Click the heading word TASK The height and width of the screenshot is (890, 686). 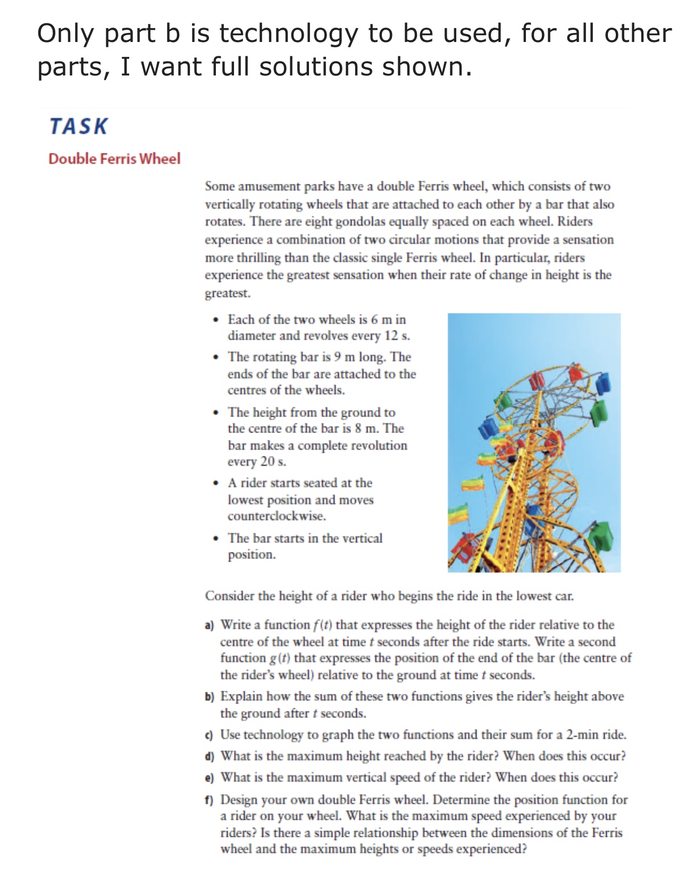(79, 126)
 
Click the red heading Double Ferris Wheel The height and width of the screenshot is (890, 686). (114, 159)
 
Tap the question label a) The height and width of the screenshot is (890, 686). (210, 625)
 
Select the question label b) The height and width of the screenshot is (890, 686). (210, 697)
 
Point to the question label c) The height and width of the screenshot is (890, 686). (210, 735)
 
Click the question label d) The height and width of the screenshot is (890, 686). (210, 757)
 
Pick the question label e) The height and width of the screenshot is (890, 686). (210, 778)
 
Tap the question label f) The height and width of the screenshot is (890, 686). (210, 800)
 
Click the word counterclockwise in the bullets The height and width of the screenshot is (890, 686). (277, 516)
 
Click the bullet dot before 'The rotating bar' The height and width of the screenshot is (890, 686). (215, 358)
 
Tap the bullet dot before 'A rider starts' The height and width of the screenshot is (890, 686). (215, 484)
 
